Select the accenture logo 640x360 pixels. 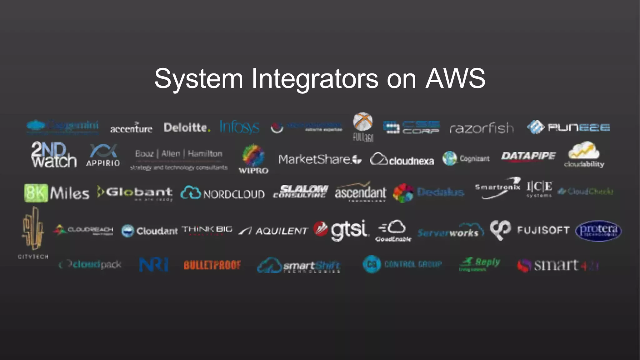[131, 128]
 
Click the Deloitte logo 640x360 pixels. [187, 127]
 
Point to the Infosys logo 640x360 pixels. [239, 127]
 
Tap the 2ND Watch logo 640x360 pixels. [53, 155]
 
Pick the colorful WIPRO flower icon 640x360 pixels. [253, 155]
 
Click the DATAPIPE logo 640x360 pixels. [528, 156]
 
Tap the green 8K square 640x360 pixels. [36, 193]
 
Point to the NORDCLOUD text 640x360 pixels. [234, 194]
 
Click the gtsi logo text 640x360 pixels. [349, 230]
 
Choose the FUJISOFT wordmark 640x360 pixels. [543, 230]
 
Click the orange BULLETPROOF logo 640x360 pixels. [212, 265]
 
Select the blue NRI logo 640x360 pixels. [153, 265]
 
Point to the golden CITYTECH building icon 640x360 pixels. [33, 228]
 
